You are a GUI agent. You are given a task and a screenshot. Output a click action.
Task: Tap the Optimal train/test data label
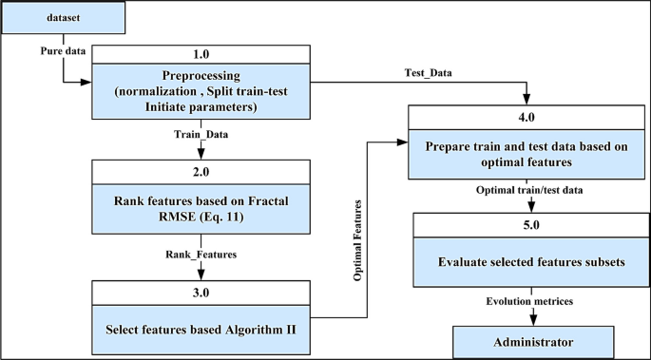[527, 190]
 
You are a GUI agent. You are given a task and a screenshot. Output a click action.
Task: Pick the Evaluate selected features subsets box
[527, 264]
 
